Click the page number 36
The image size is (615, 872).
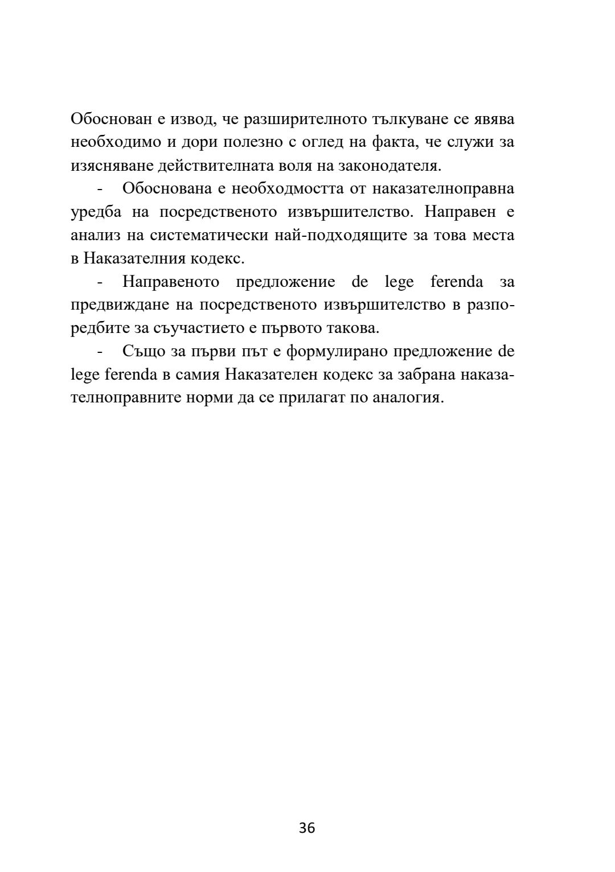tap(307, 828)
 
